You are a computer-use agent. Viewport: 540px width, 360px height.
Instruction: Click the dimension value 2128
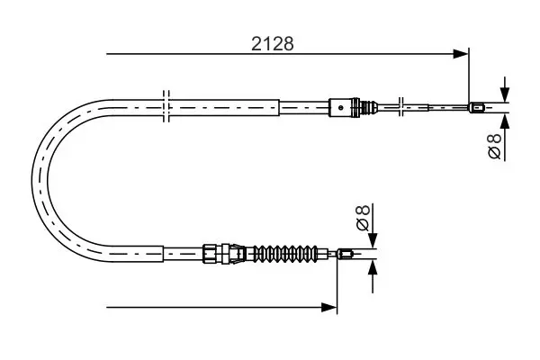273,44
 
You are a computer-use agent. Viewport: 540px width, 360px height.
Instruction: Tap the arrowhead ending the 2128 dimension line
461,54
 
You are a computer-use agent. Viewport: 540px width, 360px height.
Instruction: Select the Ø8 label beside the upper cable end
495,146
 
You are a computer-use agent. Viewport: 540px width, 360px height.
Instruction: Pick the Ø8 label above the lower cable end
363,218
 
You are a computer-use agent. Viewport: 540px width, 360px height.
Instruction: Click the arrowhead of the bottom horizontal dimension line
328,307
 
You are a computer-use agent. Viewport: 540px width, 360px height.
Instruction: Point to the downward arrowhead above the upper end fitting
505,94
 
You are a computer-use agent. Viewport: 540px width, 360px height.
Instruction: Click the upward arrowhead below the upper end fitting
505,121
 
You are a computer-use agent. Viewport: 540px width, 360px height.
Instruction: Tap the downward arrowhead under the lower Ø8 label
373,240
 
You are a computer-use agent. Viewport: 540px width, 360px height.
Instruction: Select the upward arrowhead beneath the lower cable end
373,267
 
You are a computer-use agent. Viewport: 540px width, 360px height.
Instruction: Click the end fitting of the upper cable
477,108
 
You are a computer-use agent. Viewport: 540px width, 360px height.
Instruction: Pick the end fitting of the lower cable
345,254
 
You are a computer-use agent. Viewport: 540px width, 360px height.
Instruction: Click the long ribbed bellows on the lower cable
285,254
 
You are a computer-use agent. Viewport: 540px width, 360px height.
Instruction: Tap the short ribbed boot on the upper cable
369,107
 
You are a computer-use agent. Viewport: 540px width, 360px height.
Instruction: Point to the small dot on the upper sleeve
340,107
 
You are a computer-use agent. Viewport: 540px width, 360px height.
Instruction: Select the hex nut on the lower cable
210,254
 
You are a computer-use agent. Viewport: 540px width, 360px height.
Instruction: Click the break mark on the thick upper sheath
166,106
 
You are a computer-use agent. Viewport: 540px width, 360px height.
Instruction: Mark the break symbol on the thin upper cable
400,106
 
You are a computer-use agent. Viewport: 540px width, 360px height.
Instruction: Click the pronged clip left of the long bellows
238,254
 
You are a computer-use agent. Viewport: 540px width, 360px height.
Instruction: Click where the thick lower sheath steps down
163,254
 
